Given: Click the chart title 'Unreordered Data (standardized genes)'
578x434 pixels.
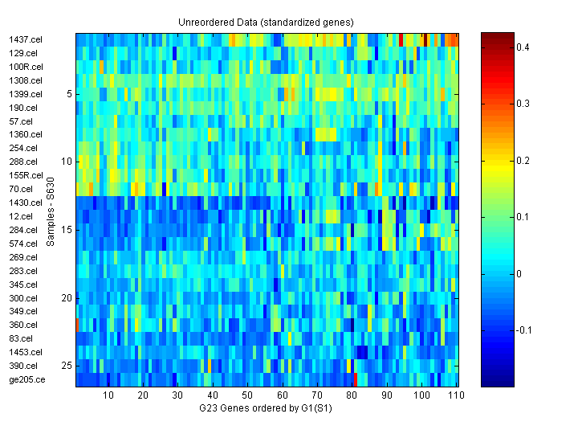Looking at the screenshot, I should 266,22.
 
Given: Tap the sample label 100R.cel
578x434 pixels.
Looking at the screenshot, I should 26,67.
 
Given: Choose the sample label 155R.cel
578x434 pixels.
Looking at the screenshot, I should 26,175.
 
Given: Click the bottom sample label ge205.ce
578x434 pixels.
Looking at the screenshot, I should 26,379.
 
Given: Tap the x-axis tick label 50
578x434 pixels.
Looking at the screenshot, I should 247,395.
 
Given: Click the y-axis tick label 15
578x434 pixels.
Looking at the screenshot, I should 67,230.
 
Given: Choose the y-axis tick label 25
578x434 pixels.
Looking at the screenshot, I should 67,366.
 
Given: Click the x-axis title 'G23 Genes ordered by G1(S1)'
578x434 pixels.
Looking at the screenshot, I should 266,409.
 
